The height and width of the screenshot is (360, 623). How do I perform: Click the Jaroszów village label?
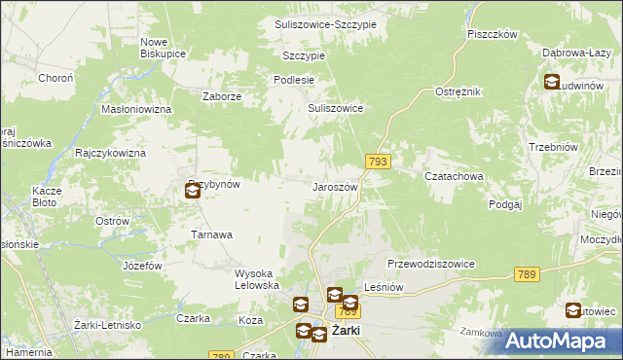click(x=336, y=186)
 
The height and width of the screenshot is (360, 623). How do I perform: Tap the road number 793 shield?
click(x=380, y=162)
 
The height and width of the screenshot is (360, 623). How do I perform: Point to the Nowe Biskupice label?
click(x=163, y=48)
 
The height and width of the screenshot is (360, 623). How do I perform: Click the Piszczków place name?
click(x=491, y=33)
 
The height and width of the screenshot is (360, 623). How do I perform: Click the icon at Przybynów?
click(x=193, y=192)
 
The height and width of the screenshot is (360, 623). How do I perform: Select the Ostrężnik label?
click(x=458, y=90)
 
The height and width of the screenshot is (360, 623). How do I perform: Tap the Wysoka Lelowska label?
click(x=258, y=279)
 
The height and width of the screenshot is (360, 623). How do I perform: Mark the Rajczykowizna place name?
click(x=110, y=154)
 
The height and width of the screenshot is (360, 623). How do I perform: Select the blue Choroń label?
click(x=55, y=78)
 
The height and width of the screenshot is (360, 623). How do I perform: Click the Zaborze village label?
click(x=221, y=96)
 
